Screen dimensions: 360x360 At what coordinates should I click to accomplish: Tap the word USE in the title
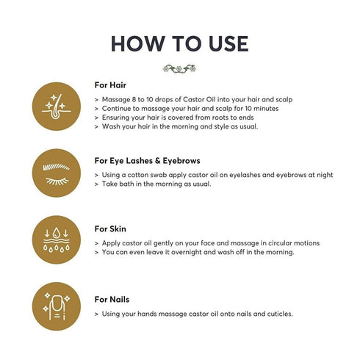(x=228, y=43)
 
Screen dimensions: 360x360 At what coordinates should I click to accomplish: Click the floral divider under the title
(x=179, y=68)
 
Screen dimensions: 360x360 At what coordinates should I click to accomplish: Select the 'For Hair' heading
(x=110, y=85)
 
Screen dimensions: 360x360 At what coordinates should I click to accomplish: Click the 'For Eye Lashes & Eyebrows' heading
(x=147, y=161)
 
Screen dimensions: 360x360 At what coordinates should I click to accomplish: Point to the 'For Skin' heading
(x=110, y=228)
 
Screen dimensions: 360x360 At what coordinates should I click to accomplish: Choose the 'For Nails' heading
(x=112, y=299)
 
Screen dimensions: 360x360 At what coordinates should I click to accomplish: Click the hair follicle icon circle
(x=57, y=107)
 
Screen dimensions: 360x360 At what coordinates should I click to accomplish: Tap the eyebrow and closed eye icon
(x=57, y=173)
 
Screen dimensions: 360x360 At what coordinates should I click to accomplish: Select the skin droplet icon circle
(x=57, y=240)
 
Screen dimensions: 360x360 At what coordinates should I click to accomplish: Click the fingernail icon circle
(x=57, y=306)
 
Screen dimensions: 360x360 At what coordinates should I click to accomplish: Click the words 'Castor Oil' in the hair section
(x=199, y=99)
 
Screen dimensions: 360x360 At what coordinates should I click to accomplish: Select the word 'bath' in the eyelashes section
(x=126, y=184)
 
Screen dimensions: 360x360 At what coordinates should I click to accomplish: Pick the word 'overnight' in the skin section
(x=186, y=252)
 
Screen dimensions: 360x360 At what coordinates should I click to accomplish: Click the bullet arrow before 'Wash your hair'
(x=96, y=127)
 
